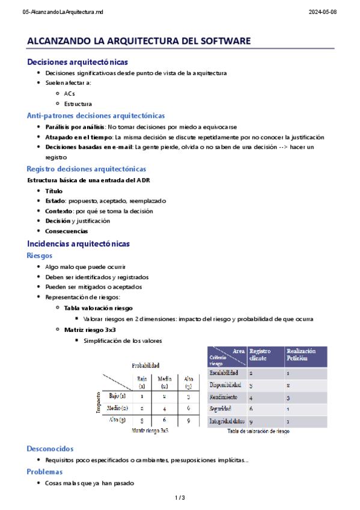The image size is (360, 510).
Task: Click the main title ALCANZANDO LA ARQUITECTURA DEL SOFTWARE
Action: click(x=138, y=41)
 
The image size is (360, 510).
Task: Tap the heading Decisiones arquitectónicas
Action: click(x=77, y=61)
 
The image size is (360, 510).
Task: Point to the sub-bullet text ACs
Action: click(x=69, y=93)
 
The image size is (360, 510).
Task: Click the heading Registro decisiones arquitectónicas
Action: click(x=86, y=169)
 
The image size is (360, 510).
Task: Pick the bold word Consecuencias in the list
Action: click(x=66, y=231)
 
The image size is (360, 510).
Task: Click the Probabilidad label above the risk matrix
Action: click(x=145, y=365)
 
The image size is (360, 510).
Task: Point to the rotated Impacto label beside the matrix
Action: click(x=97, y=404)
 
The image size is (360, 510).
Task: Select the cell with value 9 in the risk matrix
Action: click(x=188, y=420)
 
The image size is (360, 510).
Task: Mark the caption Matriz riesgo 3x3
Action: click(x=149, y=431)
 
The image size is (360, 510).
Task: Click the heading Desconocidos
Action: click(x=50, y=449)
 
